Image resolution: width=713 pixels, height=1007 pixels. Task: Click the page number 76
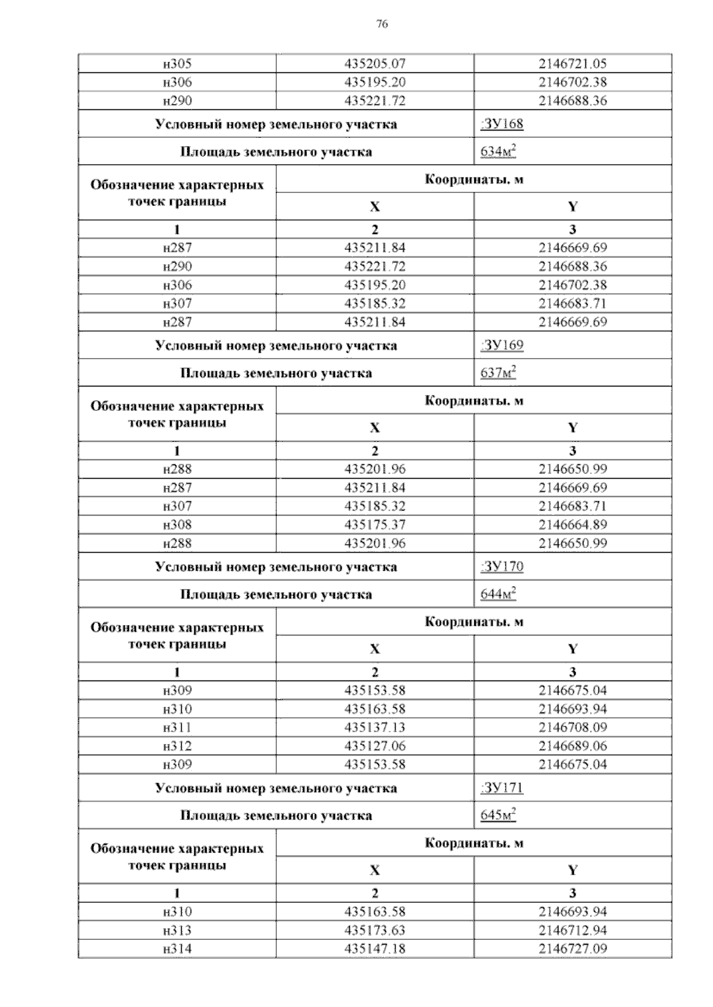(383, 24)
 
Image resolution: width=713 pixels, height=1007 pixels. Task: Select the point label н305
(177, 64)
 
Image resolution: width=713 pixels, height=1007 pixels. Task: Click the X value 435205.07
(375, 64)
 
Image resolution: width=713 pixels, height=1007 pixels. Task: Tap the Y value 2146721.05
(573, 64)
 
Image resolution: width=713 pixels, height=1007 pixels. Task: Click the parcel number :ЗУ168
(501, 124)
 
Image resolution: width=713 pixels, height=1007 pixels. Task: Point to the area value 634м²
(498, 152)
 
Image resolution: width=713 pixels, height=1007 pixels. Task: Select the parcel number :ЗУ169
(501, 346)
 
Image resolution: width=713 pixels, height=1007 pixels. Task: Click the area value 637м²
(498, 373)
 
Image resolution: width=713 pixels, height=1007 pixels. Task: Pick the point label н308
(177, 525)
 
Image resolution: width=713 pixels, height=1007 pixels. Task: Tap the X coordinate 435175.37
(375, 525)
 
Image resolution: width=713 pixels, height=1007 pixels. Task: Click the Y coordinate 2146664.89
(573, 525)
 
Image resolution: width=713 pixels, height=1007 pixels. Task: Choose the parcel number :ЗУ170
(501, 566)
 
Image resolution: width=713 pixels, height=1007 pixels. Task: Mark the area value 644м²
(498, 594)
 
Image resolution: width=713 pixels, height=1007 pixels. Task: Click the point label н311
(177, 727)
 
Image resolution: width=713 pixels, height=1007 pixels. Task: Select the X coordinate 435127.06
(375, 746)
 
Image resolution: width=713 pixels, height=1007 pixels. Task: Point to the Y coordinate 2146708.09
(573, 727)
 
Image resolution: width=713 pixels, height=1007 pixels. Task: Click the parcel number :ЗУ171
(501, 788)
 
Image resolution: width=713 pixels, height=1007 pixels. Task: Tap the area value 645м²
(498, 815)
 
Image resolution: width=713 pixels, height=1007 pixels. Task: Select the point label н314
(177, 949)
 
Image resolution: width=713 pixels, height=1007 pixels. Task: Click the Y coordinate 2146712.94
(573, 930)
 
